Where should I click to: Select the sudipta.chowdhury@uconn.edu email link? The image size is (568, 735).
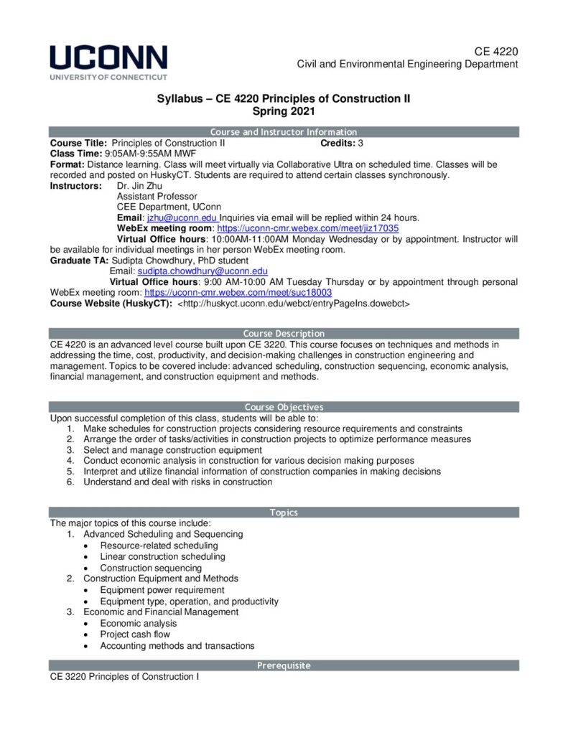coord(202,271)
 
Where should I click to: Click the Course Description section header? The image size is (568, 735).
coord(284,334)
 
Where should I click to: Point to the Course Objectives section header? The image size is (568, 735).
coord(284,407)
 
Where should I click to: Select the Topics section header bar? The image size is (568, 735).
coord(284,512)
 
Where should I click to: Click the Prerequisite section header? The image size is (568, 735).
coord(284,666)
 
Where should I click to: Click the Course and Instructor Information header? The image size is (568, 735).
coord(284,132)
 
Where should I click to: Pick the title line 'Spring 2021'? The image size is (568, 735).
coord(284,111)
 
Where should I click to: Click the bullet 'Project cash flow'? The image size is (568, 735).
coord(135,635)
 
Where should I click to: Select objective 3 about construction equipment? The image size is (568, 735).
coord(172,450)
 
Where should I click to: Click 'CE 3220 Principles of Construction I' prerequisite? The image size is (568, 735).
coord(124,677)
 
